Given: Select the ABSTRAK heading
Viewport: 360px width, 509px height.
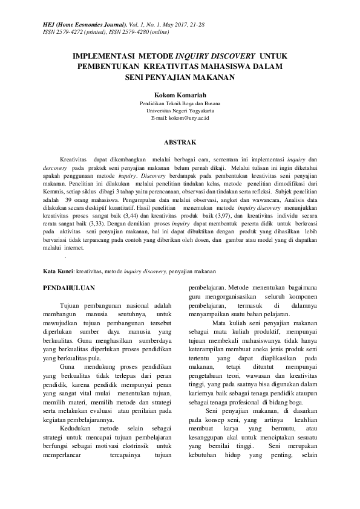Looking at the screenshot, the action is click(x=180, y=143).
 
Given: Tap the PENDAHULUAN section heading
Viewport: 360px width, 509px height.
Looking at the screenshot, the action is click(x=69, y=288).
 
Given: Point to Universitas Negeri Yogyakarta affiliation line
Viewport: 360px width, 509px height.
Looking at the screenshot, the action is click(x=180, y=111).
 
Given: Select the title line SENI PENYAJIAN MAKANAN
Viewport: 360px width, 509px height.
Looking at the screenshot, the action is click(x=180, y=77).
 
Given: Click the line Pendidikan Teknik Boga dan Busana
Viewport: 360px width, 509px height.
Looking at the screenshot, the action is click(x=180, y=103).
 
